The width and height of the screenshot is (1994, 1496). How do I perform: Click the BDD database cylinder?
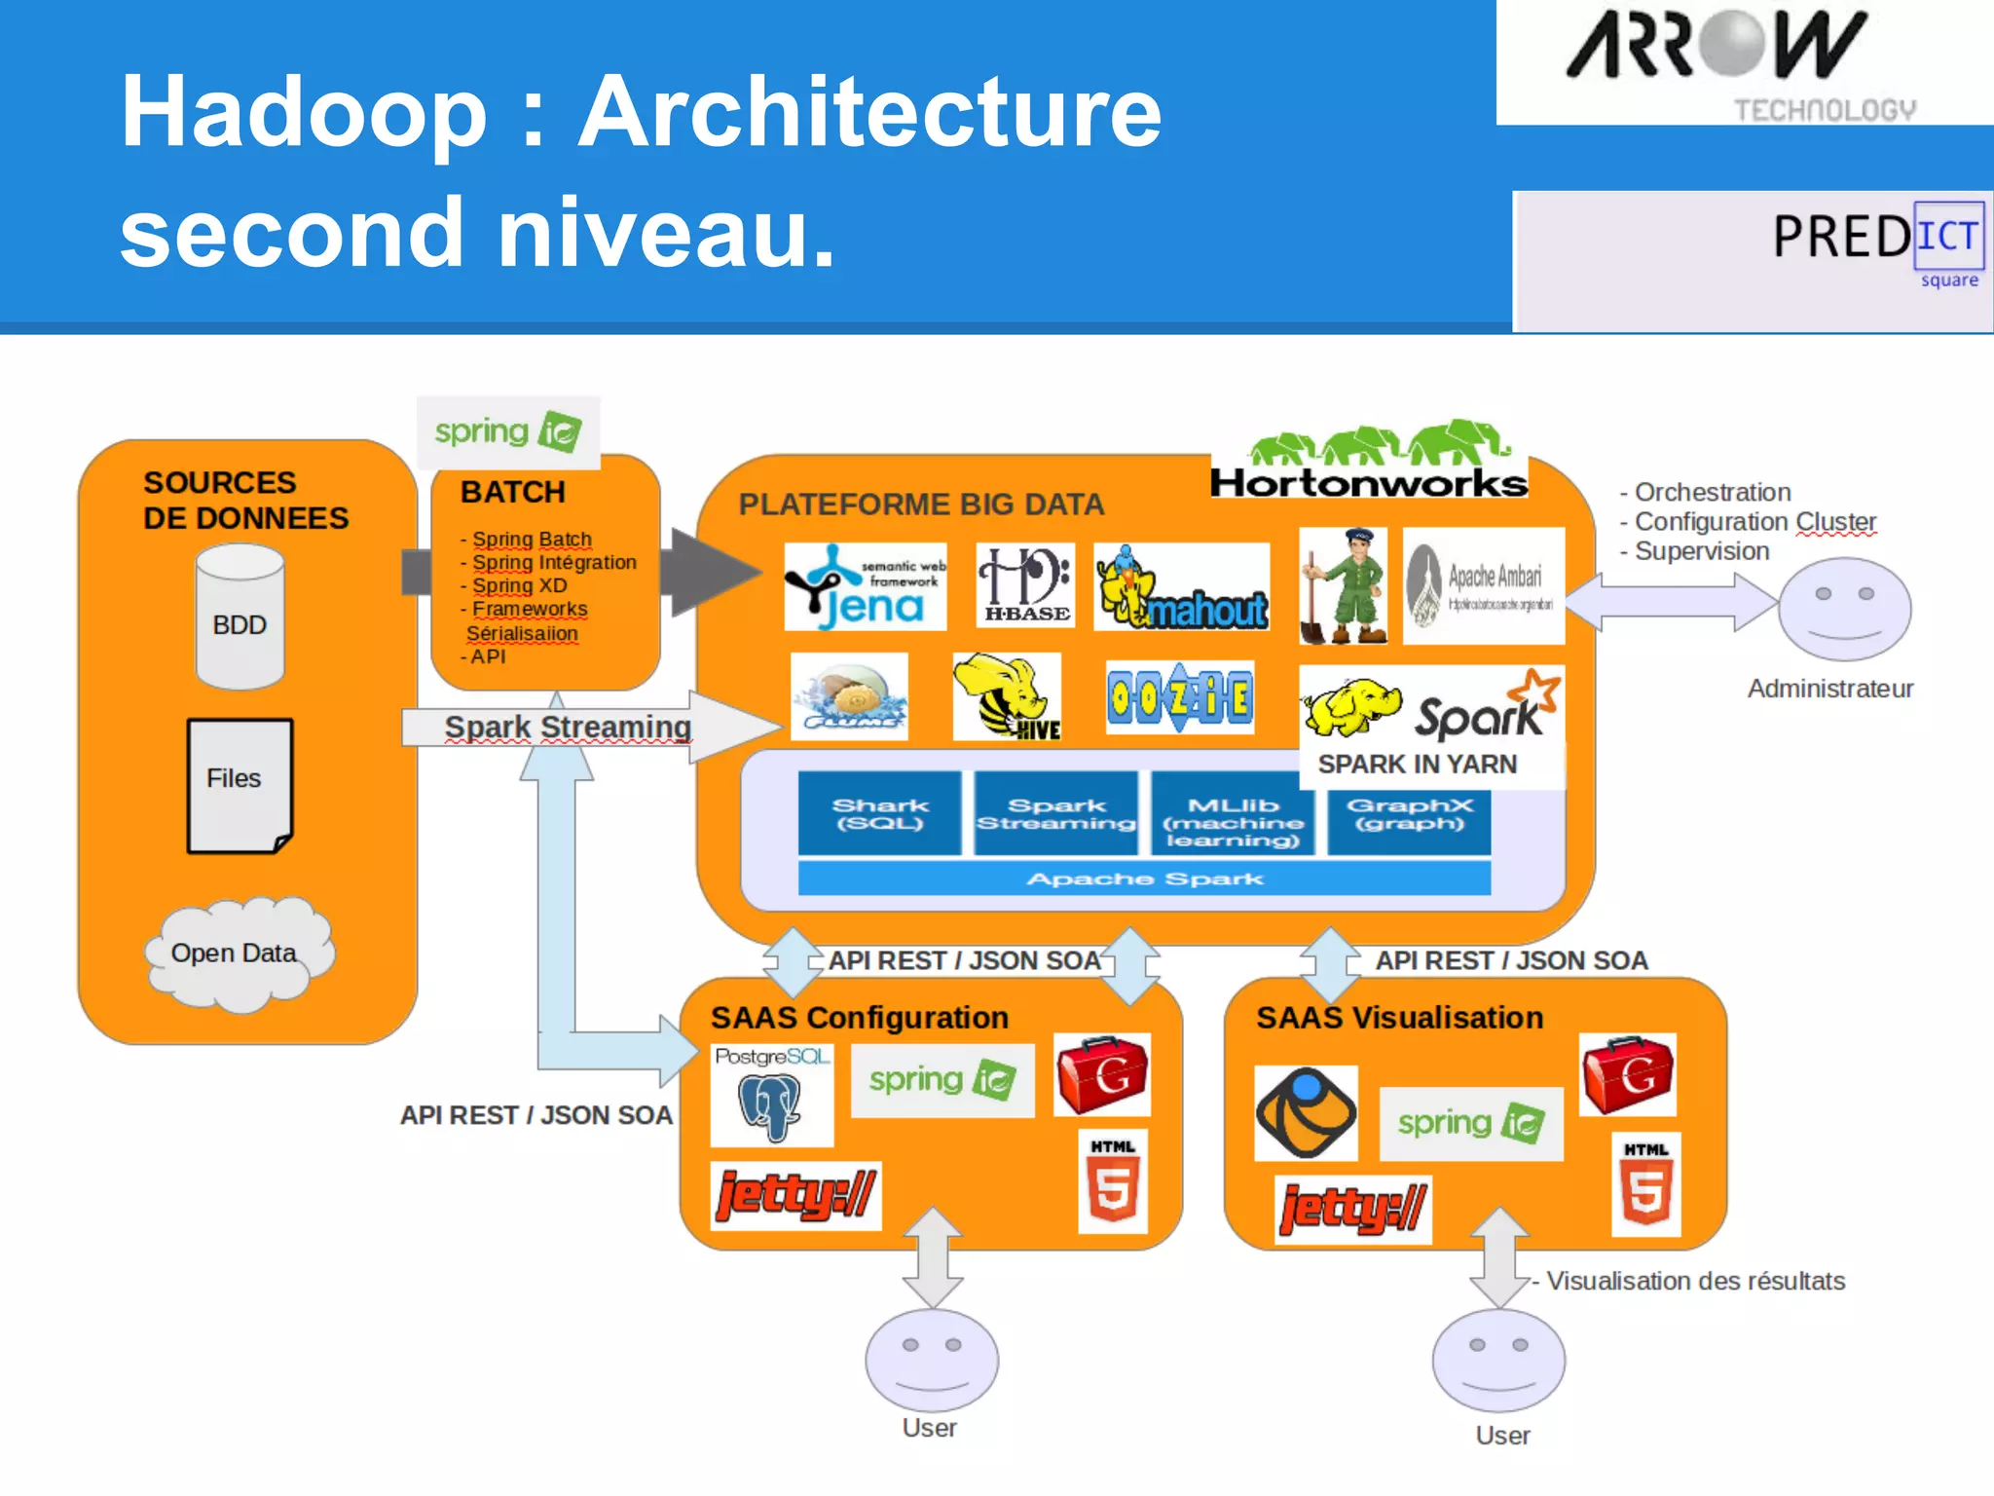pos(240,617)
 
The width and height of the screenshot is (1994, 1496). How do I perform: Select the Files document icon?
pos(240,785)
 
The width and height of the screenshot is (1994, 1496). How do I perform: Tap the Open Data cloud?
pos(238,954)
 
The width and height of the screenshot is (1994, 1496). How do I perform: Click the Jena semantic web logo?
pos(865,586)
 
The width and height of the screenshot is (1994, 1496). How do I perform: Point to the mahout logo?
pos(1182,586)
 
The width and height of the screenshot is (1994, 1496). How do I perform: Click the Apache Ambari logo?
pos(1483,586)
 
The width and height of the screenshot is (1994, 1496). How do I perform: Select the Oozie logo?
pos(1180,697)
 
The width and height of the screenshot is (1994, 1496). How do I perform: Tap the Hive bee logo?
pos(1006,697)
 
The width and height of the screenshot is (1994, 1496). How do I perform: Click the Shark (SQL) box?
pos(879,813)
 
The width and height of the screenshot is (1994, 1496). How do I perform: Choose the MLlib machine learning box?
pos(1233,821)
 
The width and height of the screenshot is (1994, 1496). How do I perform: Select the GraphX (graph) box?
pos(1409,813)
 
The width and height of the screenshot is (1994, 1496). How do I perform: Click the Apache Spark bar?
pos(1144,879)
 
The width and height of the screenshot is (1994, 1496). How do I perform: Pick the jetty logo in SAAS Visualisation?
pos(1352,1209)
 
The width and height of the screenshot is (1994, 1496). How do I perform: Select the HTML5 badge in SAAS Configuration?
pos(1113,1181)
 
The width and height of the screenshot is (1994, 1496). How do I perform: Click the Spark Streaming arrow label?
pos(568,727)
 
